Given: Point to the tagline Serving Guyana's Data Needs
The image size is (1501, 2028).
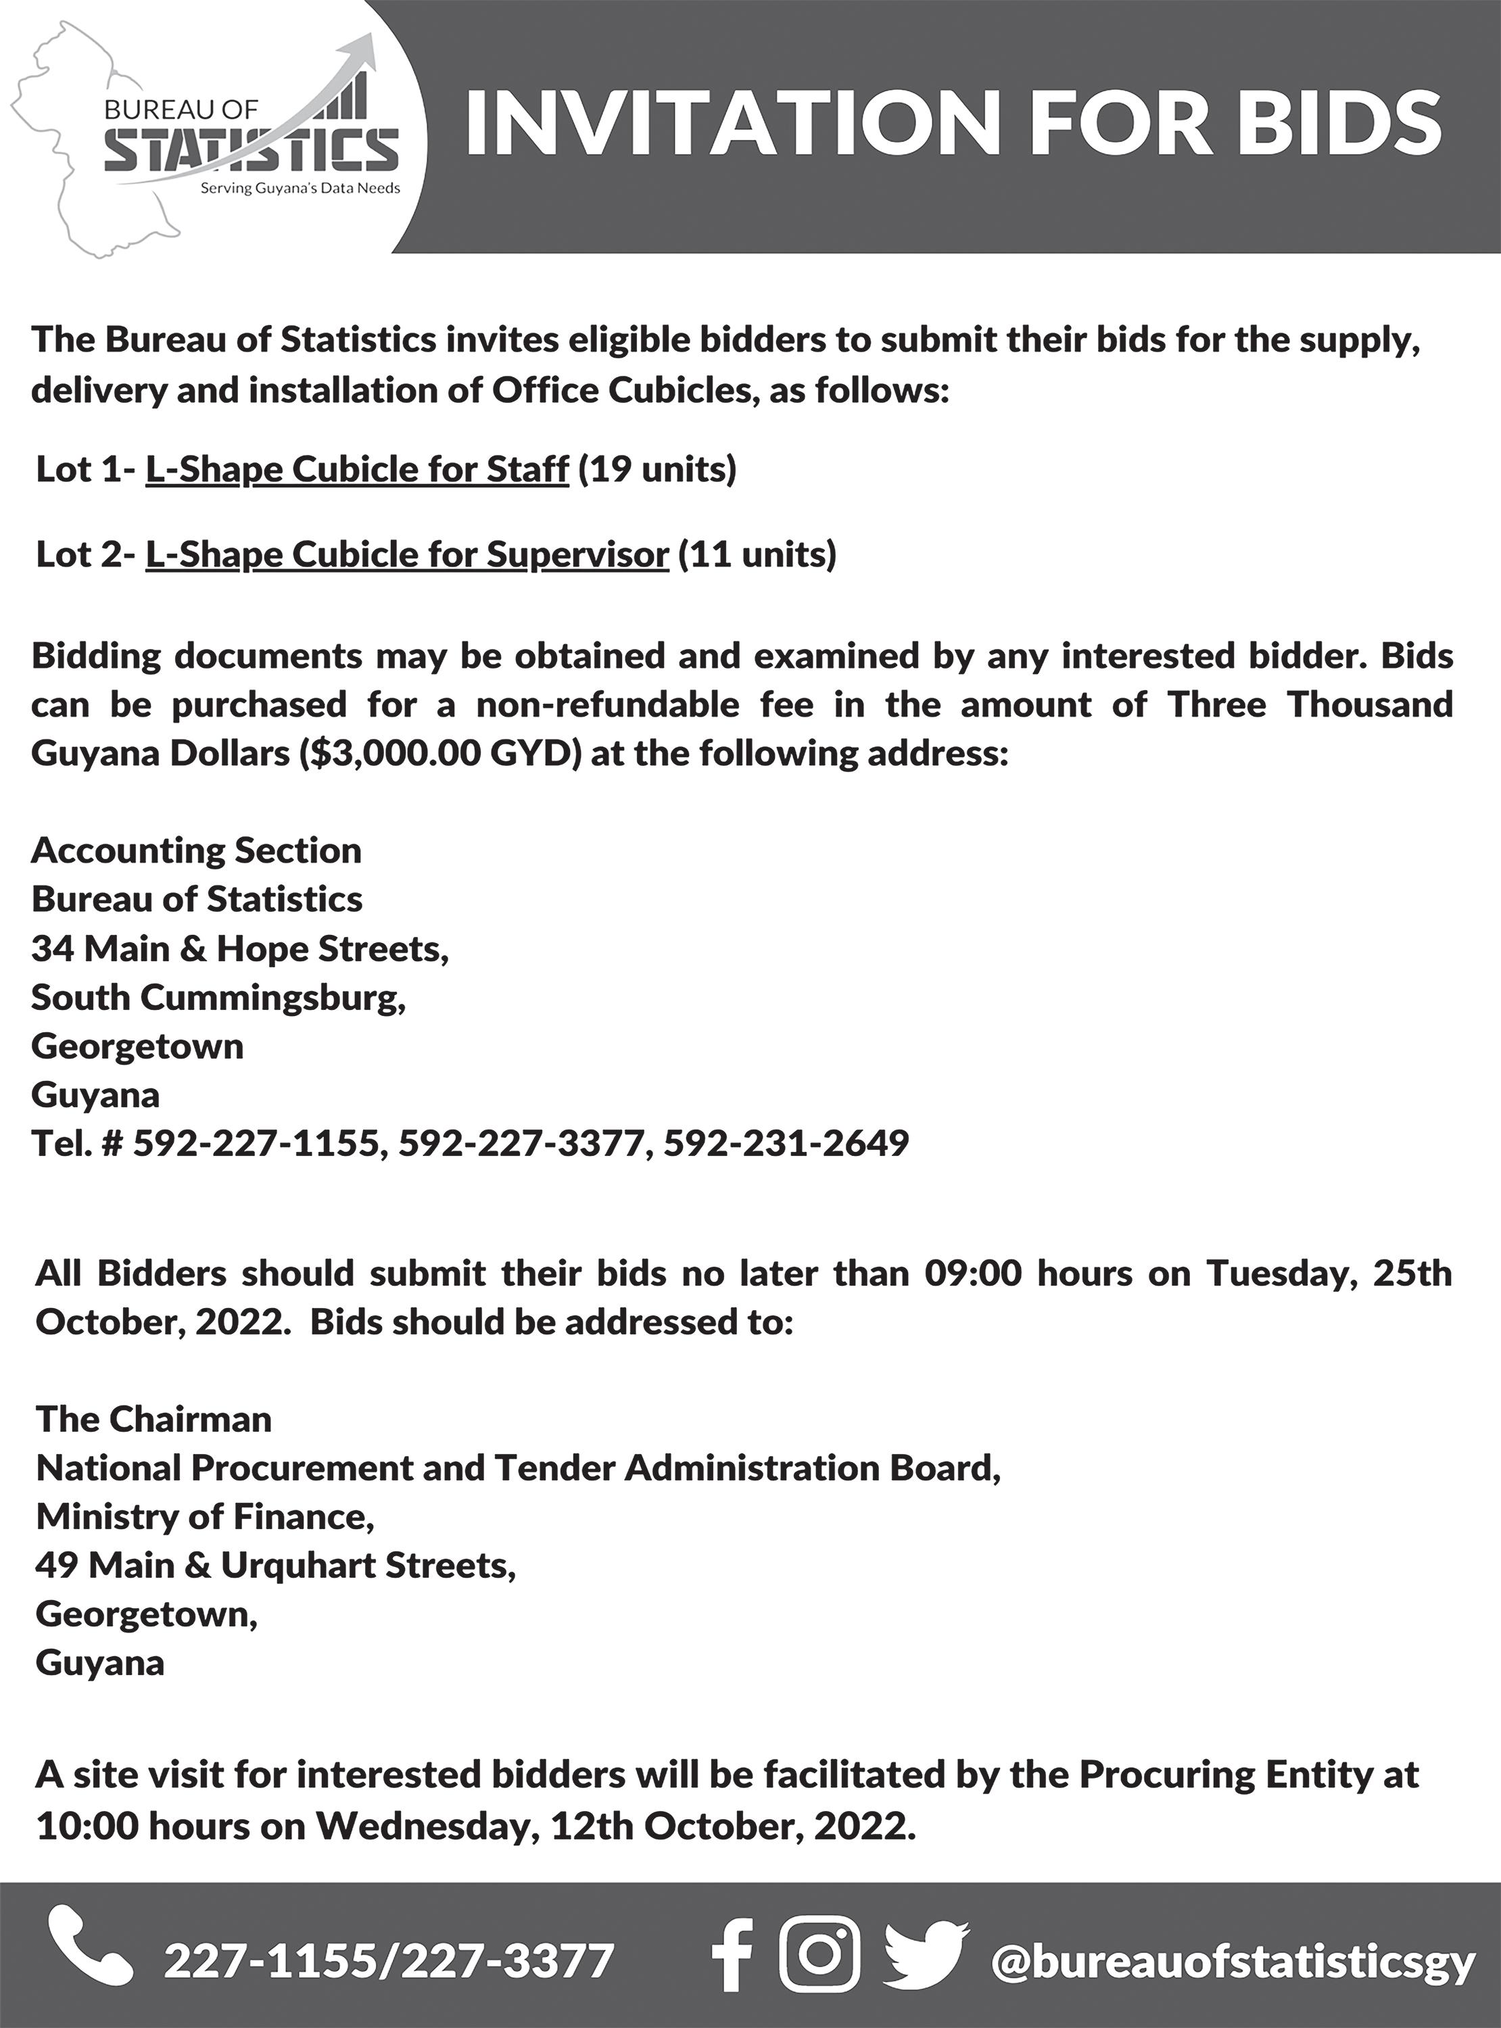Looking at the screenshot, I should tap(300, 189).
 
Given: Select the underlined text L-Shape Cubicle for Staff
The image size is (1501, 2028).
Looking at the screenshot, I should tap(357, 470).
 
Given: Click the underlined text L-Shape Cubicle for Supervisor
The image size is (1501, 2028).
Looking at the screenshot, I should tap(407, 554).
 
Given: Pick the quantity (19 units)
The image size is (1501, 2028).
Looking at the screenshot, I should tap(657, 470).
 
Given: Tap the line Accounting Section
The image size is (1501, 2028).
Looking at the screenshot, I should tap(196, 851).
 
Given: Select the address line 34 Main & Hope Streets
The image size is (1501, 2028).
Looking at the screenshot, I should tap(240, 949).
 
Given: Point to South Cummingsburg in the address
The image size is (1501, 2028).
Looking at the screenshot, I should tap(218, 998).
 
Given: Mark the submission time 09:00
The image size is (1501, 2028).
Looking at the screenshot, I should tap(973, 1274).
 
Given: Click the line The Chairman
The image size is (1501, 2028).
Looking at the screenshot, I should tap(153, 1420).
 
